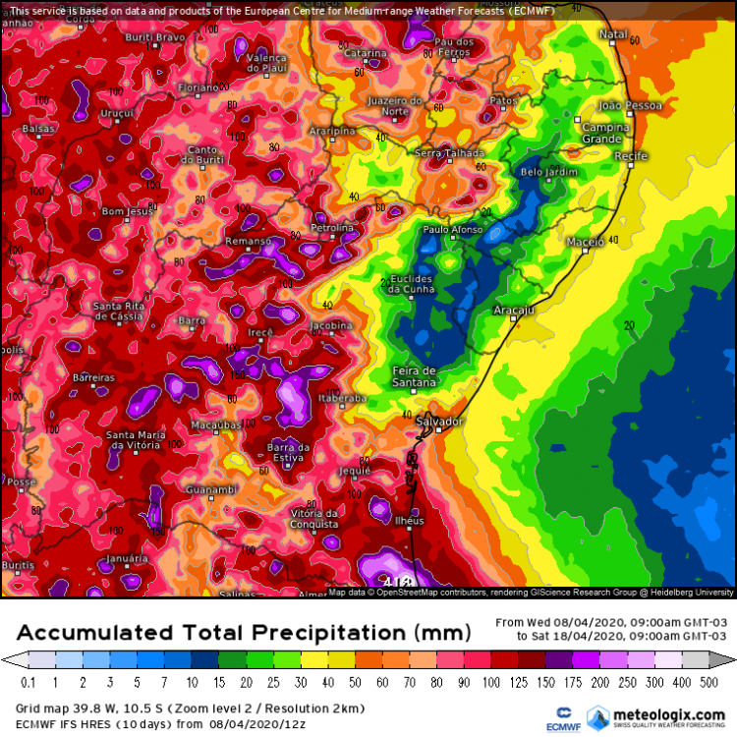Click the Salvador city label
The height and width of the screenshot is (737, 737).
coord(438,422)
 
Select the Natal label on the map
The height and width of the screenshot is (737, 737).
coord(613,34)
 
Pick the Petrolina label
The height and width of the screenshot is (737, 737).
coord(332,228)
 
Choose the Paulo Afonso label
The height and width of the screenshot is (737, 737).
coord(451,229)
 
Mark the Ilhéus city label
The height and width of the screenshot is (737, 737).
coord(409,521)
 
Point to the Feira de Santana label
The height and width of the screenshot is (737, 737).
coord(414,375)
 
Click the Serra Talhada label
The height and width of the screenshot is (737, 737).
coord(450,153)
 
